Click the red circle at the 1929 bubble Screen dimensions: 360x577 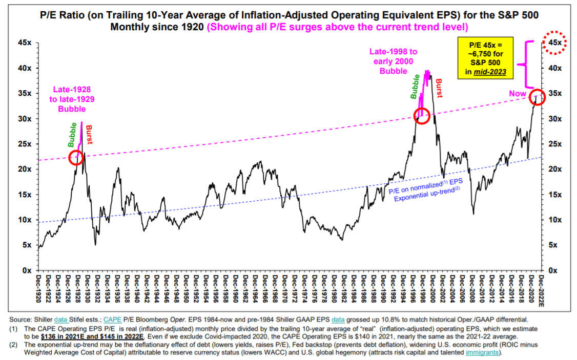tap(76, 157)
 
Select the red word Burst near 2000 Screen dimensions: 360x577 tap(439, 89)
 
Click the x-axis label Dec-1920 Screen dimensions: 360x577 tap(40, 289)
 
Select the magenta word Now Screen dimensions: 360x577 tap(517, 94)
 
